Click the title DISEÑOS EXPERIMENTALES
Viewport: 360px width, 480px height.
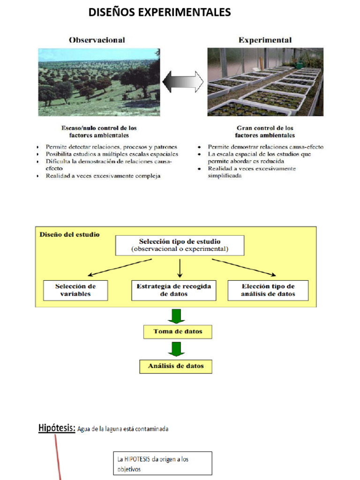(x=159, y=12)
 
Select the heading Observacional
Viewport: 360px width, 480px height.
(x=97, y=40)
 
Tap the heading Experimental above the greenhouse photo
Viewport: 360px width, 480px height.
(x=265, y=40)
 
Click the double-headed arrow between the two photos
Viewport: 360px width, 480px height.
(x=183, y=82)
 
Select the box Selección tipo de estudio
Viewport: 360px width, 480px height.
(x=180, y=245)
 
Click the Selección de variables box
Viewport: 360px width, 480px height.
(x=75, y=290)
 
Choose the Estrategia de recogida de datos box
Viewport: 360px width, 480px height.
(x=173, y=290)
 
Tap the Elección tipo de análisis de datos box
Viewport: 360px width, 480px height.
(x=268, y=290)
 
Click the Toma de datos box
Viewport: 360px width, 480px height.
(x=178, y=332)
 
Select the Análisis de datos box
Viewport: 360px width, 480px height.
(x=176, y=366)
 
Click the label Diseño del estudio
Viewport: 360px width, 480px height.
(x=69, y=234)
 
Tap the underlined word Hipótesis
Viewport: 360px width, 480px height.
(x=57, y=427)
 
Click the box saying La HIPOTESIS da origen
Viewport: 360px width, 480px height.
(x=162, y=463)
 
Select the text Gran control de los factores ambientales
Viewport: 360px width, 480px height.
(x=265, y=131)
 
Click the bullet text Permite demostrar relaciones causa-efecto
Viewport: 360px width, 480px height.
(x=265, y=147)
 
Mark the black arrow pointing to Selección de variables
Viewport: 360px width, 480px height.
(x=120, y=267)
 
